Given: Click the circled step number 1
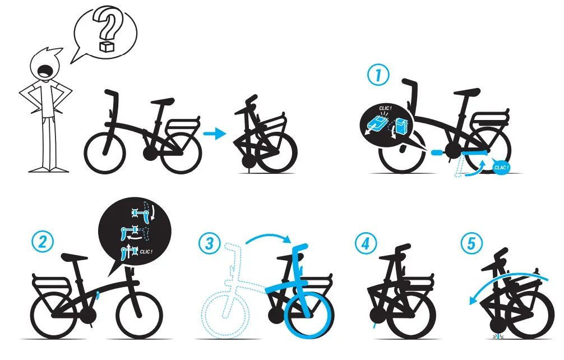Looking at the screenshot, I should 378,75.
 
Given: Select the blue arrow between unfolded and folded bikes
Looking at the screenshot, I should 214,133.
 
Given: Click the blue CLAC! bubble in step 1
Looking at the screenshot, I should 500,167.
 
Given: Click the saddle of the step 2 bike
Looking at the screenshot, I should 75,257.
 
